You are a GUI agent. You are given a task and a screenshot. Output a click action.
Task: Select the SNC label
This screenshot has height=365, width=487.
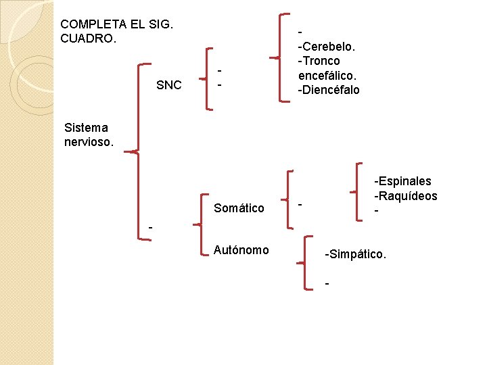tap(168, 85)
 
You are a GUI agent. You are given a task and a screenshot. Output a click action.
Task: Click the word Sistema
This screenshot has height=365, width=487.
tap(85, 127)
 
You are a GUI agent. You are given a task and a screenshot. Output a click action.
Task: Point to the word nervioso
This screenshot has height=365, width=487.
tap(89, 143)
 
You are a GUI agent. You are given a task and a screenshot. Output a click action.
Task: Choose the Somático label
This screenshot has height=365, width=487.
tap(239, 208)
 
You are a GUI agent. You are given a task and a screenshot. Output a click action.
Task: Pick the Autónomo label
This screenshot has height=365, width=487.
tap(241, 250)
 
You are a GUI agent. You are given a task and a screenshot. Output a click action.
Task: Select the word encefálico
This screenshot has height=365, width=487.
tap(327, 76)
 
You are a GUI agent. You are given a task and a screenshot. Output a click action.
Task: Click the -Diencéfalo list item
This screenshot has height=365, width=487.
tap(329, 90)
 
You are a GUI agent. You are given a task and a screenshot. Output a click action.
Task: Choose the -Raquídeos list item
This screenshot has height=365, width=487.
tap(406, 196)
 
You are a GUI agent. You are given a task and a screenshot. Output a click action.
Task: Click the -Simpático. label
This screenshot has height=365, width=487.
tap(356, 255)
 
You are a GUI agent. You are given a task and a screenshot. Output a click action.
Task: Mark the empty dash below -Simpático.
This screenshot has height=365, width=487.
tap(327, 283)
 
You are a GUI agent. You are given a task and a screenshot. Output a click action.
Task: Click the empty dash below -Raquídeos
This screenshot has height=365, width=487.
tap(377, 212)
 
